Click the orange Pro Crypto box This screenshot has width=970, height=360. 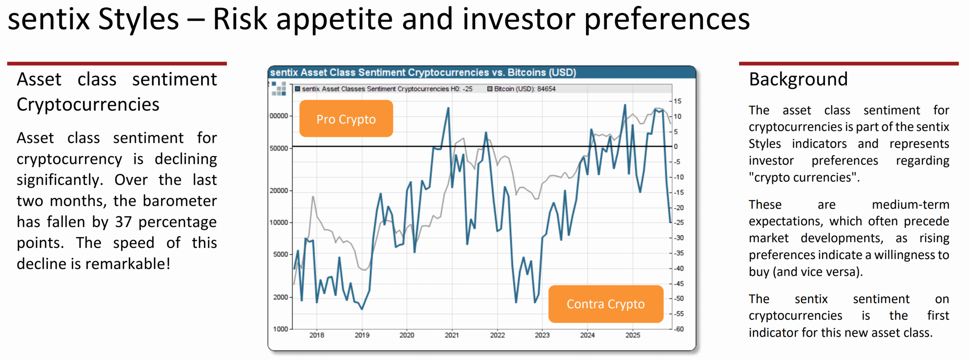click(x=346, y=119)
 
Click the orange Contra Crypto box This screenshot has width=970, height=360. click(x=605, y=304)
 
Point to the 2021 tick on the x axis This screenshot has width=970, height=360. click(x=452, y=335)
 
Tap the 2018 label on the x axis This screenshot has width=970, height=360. click(x=317, y=335)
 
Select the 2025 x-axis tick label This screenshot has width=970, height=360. click(x=632, y=335)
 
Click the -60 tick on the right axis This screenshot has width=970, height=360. click(x=679, y=329)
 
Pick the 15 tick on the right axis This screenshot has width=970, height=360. click(x=677, y=101)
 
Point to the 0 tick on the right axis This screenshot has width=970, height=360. click(x=676, y=147)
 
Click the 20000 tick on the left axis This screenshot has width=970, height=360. click(x=279, y=190)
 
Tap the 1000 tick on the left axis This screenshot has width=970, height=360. click(x=280, y=329)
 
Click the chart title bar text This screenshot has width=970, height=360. click(x=423, y=73)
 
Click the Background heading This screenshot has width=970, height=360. click(x=798, y=79)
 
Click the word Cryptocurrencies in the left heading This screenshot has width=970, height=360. click(x=88, y=104)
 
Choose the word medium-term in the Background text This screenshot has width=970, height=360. click(x=910, y=204)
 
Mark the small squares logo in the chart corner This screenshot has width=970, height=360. click(x=279, y=88)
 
